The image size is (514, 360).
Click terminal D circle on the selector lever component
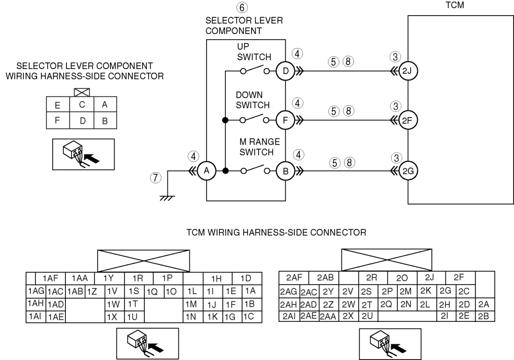285,71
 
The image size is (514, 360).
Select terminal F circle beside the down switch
285,120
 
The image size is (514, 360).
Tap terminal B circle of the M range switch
285,171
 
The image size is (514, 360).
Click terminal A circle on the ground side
207,171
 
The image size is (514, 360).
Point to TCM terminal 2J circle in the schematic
408,71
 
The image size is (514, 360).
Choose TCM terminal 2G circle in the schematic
408,171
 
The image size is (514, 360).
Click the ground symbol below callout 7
167,198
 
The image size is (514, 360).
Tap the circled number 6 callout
242,7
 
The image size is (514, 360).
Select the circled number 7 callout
156,178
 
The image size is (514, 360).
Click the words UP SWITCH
254,52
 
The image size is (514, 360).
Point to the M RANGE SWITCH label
259,147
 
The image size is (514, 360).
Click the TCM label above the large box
455,5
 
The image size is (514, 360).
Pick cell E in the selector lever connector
58,105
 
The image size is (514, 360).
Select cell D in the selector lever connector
82,120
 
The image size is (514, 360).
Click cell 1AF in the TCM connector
50,278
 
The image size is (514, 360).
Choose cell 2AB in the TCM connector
325,278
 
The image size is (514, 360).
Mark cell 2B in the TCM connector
484,316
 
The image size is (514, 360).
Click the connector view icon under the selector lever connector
83,154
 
